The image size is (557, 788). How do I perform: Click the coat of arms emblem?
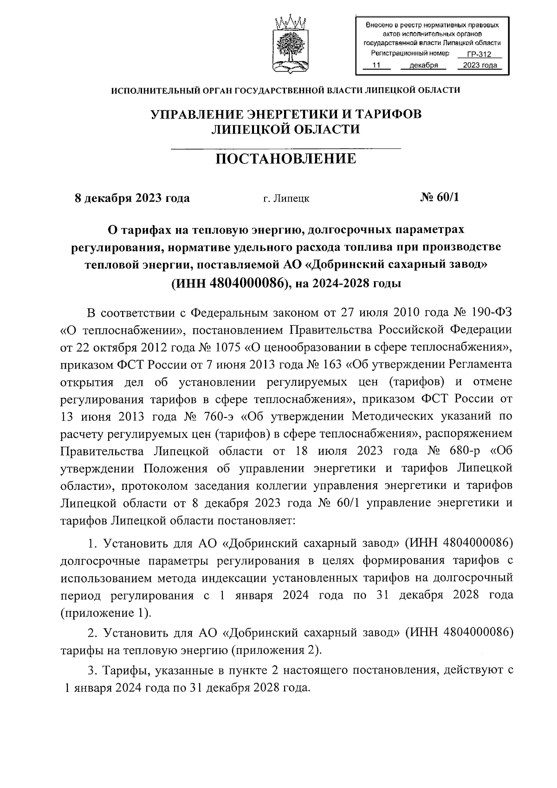[x=289, y=45]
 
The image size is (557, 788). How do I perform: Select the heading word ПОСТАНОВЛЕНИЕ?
[x=285, y=159]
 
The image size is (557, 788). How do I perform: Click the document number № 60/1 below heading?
[x=439, y=197]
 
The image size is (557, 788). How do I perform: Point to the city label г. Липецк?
[x=286, y=199]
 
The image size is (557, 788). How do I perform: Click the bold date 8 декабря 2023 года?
[x=132, y=198]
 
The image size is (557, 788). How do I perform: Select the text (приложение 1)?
[x=106, y=612]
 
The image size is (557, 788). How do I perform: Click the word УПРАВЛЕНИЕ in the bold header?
[x=196, y=114]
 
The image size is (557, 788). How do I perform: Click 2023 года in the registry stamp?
[x=480, y=65]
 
